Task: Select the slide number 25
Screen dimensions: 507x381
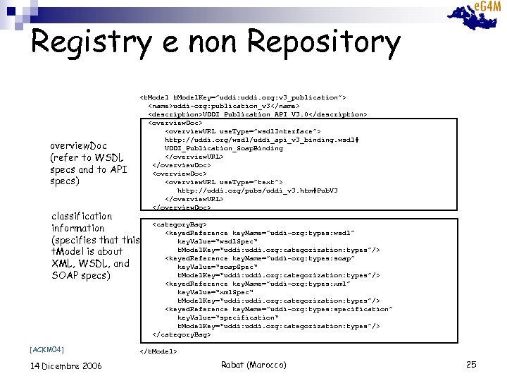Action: point(471,364)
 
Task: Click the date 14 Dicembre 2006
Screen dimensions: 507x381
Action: point(66,365)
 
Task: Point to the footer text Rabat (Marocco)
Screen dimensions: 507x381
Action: point(254,364)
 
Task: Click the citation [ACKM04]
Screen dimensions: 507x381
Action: point(47,349)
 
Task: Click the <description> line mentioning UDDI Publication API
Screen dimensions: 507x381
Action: point(257,114)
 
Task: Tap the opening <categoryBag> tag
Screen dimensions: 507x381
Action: point(180,224)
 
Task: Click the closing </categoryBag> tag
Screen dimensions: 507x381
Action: point(181,334)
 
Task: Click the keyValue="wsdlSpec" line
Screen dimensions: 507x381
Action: point(212,241)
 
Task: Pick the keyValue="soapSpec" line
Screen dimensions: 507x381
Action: point(212,267)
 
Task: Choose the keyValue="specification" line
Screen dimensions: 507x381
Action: point(227,317)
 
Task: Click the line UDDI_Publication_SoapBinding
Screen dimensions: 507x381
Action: point(223,148)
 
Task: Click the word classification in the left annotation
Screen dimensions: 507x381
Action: point(82,216)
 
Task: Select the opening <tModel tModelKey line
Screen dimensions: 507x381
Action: point(243,97)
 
